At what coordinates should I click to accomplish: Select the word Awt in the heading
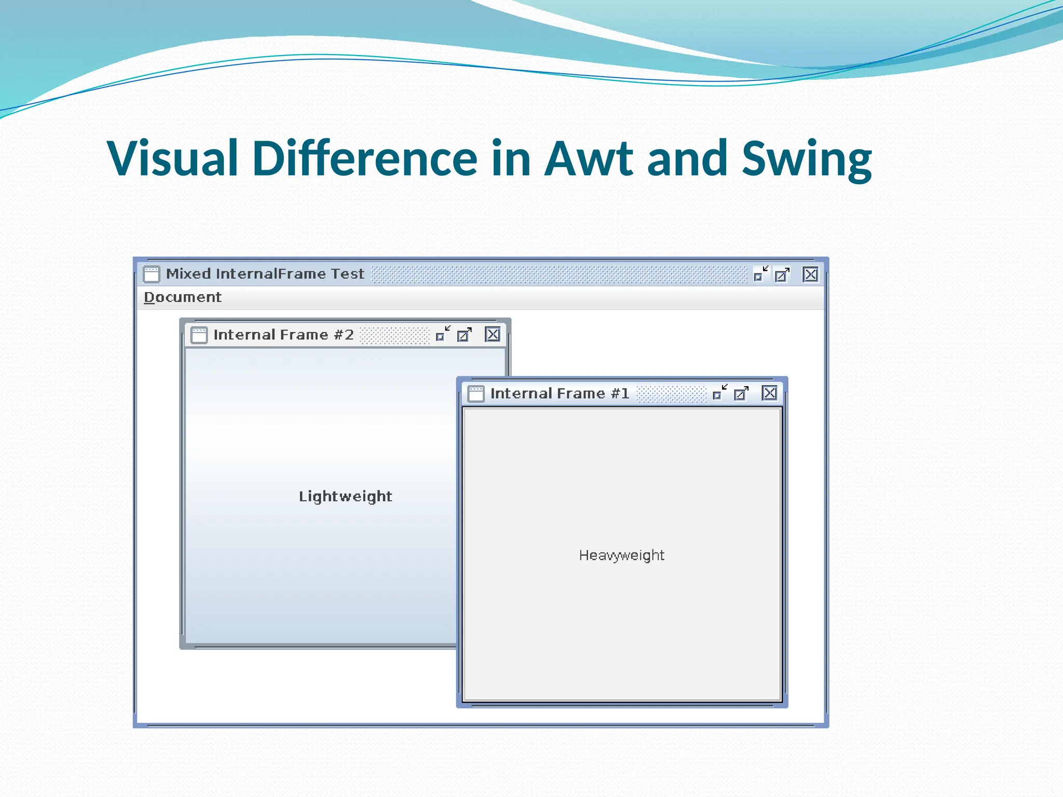590,158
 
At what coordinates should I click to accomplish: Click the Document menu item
182,297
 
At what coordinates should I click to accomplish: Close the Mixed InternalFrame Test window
810,274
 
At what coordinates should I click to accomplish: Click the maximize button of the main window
782,274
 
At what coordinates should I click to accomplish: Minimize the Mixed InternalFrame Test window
760,273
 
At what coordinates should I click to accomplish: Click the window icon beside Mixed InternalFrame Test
152,274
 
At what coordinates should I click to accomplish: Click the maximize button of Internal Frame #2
465,335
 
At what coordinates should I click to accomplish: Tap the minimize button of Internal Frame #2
443,334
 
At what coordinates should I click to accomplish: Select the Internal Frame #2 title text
283,335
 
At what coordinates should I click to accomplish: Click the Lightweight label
345,497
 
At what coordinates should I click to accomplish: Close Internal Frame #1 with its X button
769,393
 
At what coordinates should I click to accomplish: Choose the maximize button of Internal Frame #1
741,394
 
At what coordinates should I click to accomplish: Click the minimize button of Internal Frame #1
719,393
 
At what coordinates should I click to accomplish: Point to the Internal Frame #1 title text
560,394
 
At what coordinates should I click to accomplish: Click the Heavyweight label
621,555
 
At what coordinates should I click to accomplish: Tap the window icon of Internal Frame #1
475,394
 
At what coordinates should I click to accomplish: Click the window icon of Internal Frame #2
199,335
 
